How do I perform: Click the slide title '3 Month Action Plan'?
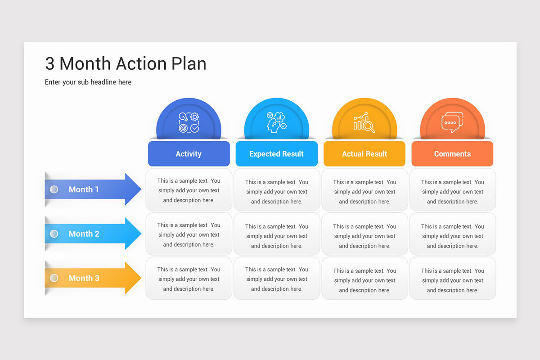click(x=126, y=63)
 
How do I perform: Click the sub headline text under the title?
click(x=88, y=82)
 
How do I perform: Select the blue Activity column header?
click(x=189, y=153)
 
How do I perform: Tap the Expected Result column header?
click(x=276, y=153)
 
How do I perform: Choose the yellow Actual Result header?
click(x=364, y=153)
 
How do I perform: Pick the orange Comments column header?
click(x=452, y=153)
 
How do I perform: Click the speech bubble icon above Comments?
click(x=452, y=122)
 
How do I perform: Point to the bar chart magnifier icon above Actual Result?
click(x=364, y=122)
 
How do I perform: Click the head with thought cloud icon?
click(x=276, y=122)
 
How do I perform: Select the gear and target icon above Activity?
click(x=189, y=122)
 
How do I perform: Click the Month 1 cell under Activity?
click(x=189, y=190)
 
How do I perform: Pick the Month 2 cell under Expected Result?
click(x=277, y=234)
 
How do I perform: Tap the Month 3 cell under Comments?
click(x=453, y=279)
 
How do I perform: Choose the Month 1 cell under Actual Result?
click(x=365, y=190)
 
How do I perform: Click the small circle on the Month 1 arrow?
click(x=54, y=189)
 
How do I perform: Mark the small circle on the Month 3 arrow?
click(x=54, y=278)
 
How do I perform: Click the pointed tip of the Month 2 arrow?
click(x=141, y=234)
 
